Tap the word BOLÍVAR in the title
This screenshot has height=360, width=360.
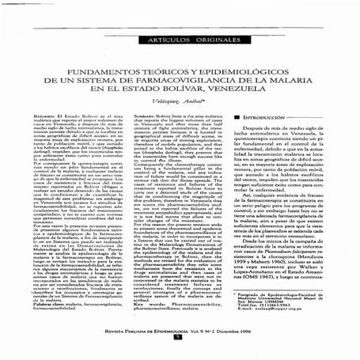pos(182,97)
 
